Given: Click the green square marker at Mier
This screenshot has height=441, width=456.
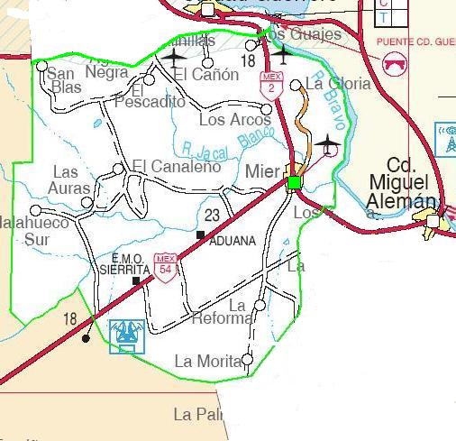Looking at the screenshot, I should tap(294, 184).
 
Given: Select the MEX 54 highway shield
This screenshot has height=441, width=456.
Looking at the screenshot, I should tap(164, 264).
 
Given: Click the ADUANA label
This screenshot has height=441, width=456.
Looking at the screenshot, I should tap(233, 241).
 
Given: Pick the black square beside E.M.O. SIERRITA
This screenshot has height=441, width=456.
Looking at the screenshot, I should tap(136, 280).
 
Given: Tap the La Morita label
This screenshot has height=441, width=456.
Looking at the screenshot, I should tap(207, 362).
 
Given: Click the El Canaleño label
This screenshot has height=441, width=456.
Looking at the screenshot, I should tap(176, 166).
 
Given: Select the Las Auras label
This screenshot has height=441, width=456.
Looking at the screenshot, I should tap(71, 179).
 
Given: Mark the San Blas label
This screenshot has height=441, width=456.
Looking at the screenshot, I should tap(65, 80).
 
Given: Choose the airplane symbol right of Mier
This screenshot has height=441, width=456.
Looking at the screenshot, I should tap(326, 143).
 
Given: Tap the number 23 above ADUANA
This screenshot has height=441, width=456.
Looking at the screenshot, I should tap(213, 215).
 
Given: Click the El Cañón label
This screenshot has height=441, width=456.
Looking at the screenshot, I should tap(207, 75).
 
